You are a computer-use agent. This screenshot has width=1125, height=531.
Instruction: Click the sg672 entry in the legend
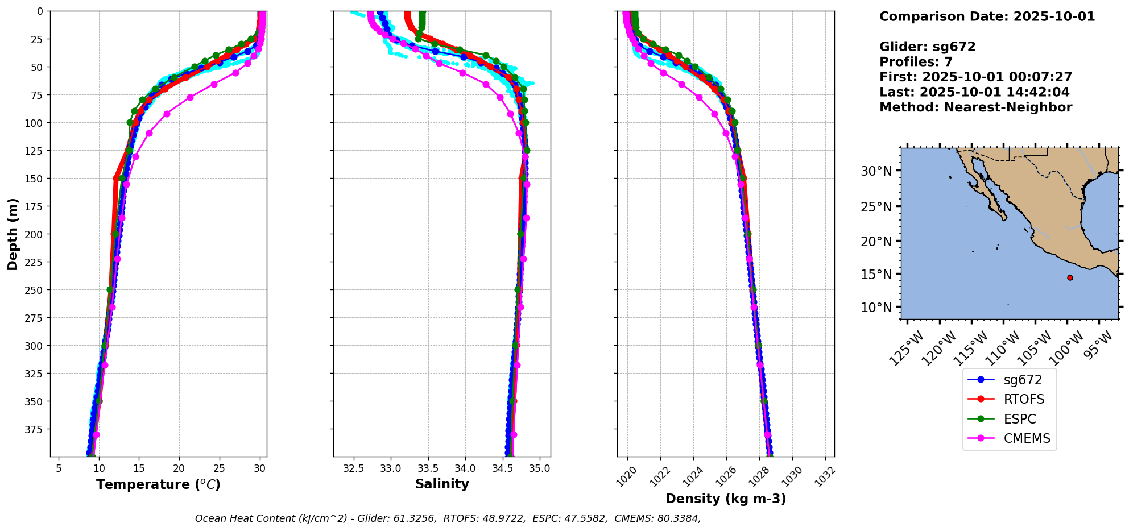[1022, 380]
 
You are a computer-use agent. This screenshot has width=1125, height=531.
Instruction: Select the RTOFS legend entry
[1024, 399]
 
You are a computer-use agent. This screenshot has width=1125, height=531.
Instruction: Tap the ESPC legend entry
[1019, 419]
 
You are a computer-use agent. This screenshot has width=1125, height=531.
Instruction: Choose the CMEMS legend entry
[1027, 438]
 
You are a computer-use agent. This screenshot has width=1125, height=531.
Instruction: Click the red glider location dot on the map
[1070, 278]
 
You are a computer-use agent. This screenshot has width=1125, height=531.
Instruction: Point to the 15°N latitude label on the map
[876, 274]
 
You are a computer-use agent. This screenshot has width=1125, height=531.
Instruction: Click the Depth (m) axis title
[13, 234]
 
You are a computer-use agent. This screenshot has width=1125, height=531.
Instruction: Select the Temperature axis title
[158, 484]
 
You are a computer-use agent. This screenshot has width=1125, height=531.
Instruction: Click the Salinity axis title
[442, 484]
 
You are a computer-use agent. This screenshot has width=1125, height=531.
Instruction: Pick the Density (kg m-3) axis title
[726, 499]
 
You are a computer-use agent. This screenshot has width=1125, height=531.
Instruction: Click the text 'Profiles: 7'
[916, 61]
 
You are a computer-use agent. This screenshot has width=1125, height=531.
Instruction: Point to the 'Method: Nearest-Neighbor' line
[975, 107]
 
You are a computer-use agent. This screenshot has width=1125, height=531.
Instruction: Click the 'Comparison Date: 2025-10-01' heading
[987, 16]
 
